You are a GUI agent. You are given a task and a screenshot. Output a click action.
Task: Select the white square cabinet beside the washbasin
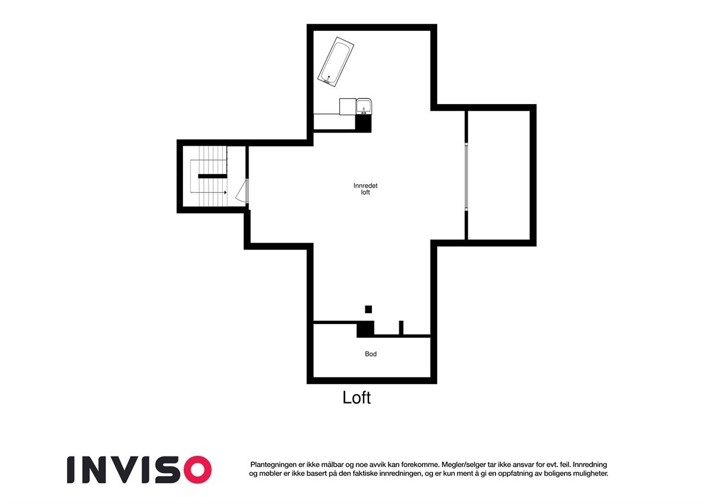[347, 106]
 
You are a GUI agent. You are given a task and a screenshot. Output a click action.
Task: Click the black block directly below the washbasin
[363, 123]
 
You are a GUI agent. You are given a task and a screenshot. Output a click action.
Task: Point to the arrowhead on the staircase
[225, 193]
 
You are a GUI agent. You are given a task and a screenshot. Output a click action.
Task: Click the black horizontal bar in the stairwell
[213, 176]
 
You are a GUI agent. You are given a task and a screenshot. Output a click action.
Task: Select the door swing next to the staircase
[242, 193]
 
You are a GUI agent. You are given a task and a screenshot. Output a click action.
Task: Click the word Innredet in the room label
[365, 185]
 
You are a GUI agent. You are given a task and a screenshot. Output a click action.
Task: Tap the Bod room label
[371, 354]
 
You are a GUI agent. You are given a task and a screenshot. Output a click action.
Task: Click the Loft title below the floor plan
[356, 398]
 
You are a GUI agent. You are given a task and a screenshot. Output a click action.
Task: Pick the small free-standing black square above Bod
[368, 309]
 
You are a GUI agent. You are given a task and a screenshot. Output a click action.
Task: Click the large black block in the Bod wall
[365, 329]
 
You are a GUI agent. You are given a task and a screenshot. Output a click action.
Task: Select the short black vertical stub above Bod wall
[401, 327]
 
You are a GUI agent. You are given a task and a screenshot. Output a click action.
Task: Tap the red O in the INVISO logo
[196, 470]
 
